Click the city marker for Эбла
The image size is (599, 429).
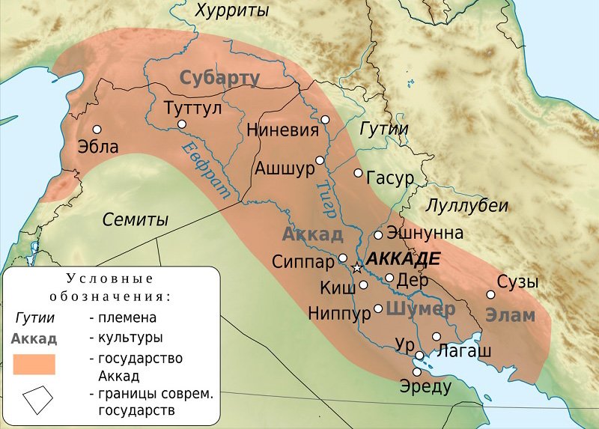click(97, 128)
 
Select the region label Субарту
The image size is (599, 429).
click(219, 78)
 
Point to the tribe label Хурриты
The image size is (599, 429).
click(232, 11)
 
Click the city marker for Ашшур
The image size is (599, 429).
click(320, 160)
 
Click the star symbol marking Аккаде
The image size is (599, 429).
click(357, 268)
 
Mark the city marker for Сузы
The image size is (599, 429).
click(491, 294)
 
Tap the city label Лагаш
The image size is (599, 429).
click(463, 350)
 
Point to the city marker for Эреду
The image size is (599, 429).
click(417, 372)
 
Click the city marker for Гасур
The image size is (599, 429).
click(358, 173)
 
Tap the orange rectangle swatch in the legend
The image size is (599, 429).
click(34, 364)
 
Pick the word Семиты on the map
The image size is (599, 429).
click(136, 220)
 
